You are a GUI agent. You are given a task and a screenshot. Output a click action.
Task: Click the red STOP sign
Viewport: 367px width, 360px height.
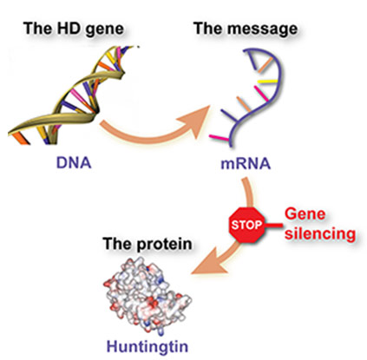pyautogui.click(x=246, y=225)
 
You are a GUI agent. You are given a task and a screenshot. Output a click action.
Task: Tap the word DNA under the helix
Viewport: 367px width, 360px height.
pyautogui.click(x=74, y=162)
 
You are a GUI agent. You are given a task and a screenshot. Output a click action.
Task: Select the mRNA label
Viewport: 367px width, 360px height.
pyautogui.click(x=246, y=164)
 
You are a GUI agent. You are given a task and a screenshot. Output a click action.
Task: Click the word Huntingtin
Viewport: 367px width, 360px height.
pyautogui.click(x=147, y=346)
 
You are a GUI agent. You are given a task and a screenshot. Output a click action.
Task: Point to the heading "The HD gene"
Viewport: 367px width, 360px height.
pyautogui.click(x=74, y=29)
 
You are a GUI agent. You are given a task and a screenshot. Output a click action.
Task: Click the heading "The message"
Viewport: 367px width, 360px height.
pyautogui.click(x=246, y=29)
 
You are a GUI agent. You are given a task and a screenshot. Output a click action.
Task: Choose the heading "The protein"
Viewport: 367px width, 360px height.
pyautogui.click(x=147, y=244)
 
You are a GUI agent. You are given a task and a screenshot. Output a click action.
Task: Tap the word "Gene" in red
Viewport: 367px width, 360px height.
pyautogui.click(x=305, y=214)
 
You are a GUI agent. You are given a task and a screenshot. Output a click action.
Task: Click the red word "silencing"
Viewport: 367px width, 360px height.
pyautogui.click(x=320, y=233)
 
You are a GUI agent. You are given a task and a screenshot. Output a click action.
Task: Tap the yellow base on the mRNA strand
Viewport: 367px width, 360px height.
pyautogui.click(x=267, y=82)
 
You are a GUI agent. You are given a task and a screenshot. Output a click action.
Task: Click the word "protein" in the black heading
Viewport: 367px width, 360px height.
pyautogui.click(x=164, y=245)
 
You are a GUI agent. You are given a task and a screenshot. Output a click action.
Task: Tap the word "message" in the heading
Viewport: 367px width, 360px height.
pyautogui.click(x=263, y=29)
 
